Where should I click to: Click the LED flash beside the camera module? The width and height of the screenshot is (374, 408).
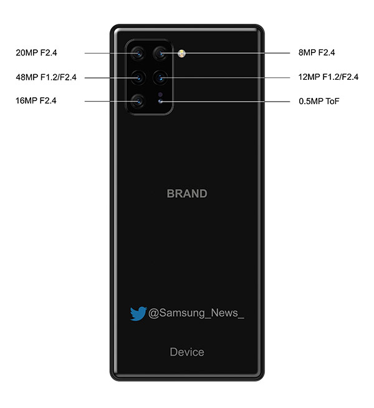click(x=181, y=54)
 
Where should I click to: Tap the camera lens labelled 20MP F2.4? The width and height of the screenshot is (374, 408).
click(x=138, y=54)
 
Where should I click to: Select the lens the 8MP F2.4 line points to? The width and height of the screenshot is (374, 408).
click(x=160, y=54)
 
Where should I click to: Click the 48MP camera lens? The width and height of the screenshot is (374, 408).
click(x=138, y=77)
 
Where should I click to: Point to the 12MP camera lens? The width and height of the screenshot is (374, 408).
click(x=160, y=77)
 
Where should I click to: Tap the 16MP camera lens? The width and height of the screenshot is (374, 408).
click(x=138, y=101)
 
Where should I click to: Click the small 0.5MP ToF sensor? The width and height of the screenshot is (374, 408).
click(x=160, y=101)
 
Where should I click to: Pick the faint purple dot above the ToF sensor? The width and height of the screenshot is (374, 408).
click(x=160, y=94)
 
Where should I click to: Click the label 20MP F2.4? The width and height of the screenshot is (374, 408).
click(x=36, y=52)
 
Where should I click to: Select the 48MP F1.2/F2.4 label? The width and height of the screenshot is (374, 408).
click(x=46, y=77)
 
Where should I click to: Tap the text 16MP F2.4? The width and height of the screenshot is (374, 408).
click(x=36, y=100)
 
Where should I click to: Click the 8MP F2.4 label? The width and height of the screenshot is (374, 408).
click(x=317, y=52)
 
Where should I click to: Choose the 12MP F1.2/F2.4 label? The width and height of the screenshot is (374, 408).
click(x=328, y=77)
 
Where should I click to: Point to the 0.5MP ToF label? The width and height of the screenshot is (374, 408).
click(x=319, y=101)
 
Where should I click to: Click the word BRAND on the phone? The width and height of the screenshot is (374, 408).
click(x=187, y=193)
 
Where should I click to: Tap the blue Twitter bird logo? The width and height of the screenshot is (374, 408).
click(x=138, y=314)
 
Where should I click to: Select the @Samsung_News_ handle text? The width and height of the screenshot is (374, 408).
click(x=196, y=313)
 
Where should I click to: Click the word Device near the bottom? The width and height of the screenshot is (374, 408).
click(x=187, y=352)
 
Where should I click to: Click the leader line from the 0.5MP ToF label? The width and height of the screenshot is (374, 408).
click(x=225, y=102)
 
